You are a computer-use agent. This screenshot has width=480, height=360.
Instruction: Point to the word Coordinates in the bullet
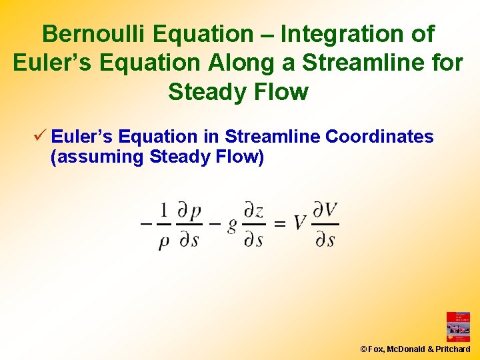tap(379, 137)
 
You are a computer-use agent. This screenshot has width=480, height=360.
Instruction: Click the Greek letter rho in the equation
tap(164, 241)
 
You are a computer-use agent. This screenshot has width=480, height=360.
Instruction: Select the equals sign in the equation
tap(281, 224)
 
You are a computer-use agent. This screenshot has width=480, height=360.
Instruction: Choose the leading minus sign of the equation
tap(145, 224)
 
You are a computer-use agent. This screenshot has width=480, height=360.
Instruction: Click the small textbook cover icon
tap(458, 327)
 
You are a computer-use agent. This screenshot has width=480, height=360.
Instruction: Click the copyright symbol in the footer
tap(363, 349)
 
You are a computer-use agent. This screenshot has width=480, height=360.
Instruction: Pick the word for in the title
tap(446, 63)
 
